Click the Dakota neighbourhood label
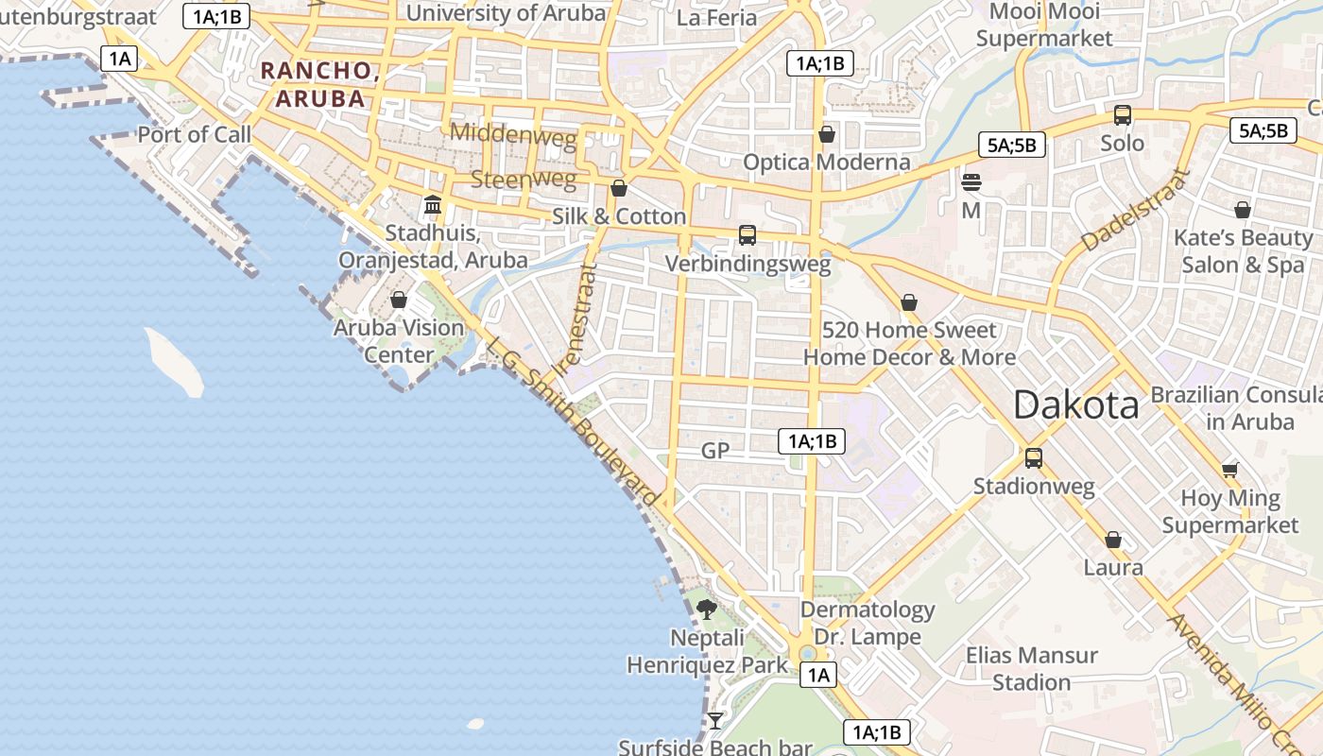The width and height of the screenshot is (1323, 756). [1075, 405]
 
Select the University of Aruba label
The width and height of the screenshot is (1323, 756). [506, 13]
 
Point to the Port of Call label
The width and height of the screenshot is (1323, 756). [195, 134]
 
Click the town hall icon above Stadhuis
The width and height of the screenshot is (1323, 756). [433, 204]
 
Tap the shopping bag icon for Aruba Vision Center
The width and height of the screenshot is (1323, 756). [399, 300]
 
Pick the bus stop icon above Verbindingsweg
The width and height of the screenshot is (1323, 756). [747, 235]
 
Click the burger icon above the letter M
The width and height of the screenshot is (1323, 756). [971, 182]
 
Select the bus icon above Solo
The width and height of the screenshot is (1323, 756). [1123, 115]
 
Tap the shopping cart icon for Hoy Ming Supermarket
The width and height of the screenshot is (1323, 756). [1229, 470]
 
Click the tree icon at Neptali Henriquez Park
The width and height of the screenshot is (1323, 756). [706, 610]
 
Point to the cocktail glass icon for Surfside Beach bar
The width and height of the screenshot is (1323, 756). [715, 721]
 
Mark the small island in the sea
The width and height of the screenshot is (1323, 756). [175, 362]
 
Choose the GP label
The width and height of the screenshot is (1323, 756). [715, 451]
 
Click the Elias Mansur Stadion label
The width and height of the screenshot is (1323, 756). [1031, 668]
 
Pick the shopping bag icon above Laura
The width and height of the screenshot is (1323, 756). [1113, 540]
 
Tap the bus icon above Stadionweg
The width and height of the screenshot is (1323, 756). [1034, 458]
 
